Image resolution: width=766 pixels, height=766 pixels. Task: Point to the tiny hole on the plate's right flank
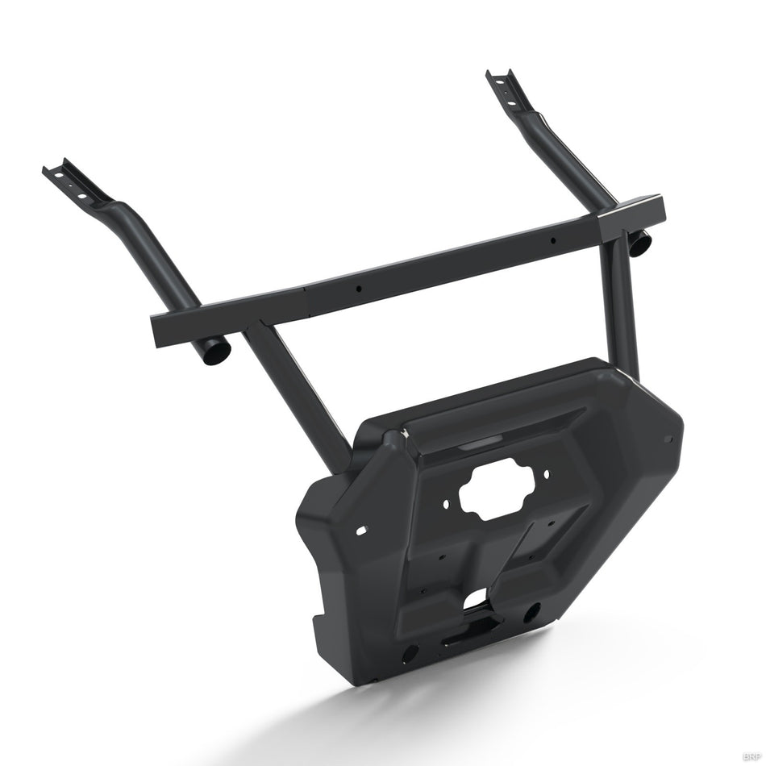(x=668, y=439)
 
